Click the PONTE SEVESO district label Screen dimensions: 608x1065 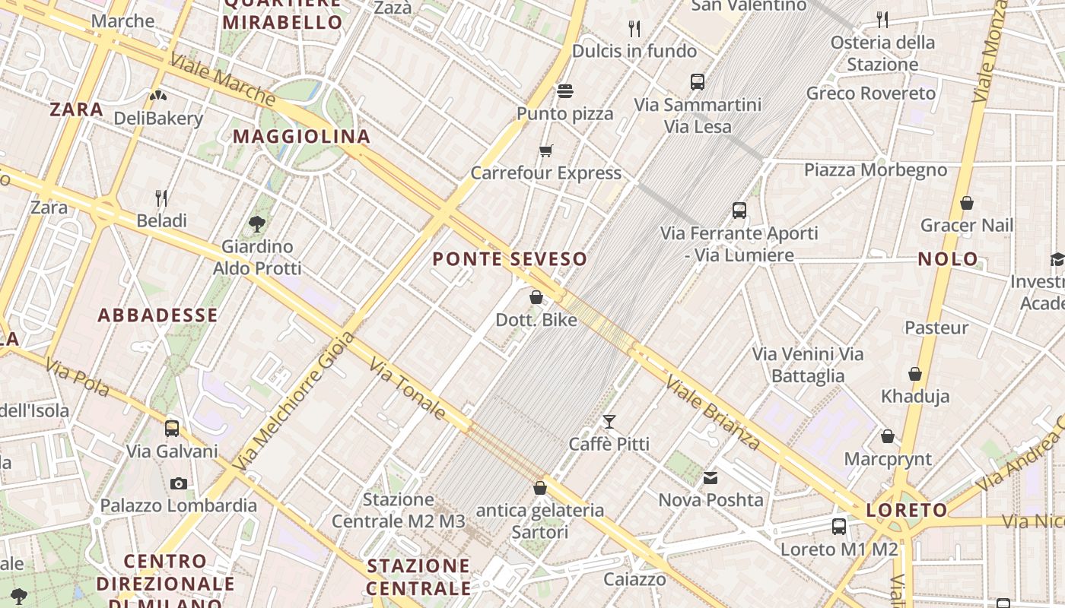(x=510, y=259)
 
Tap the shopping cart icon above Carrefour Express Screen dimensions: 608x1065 (x=545, y=150)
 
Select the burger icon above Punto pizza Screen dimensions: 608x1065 (x=564, y=91)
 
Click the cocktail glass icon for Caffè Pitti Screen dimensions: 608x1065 (x=609, y=421)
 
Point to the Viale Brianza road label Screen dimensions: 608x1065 (x=713, y=412)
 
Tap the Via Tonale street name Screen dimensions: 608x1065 (x=408, y=389)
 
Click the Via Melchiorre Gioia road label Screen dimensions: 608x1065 (x=294, y=401)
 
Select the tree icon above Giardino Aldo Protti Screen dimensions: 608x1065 (x=257, y=223)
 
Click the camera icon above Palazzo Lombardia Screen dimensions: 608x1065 (x=179, y=483)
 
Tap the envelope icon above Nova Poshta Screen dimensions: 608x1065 (x=711, y=478)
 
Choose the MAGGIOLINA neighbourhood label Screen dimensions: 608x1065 (x=301, y=137)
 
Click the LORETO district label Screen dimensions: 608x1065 (x=907, y=510)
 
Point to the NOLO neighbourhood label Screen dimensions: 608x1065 (x=948, y=259)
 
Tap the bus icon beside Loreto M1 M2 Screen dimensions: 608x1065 (x=839, y=526)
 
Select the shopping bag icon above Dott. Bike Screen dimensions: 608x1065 (x=536, y=297)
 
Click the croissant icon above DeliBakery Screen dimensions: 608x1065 (x=158, y=96)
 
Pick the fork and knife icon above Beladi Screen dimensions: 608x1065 (x=161, y=198)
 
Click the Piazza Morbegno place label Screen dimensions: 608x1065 (x=876, y=169)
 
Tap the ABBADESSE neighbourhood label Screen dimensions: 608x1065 (x=158, y=315)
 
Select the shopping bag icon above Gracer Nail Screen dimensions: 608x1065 (x=967, y=203)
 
